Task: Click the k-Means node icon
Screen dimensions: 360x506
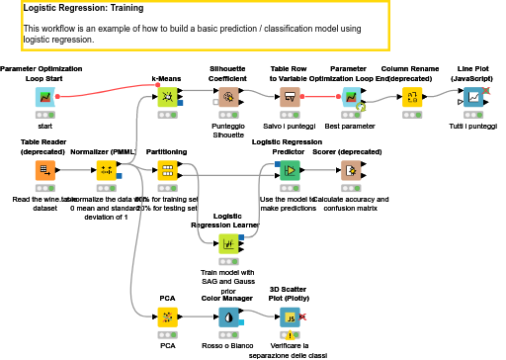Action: pyautogui.click(x=168, y=97)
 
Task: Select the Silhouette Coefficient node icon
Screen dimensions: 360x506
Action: pyautogui.click(x=228, y=97)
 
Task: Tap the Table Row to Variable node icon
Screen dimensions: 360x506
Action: pyautogui.click(x=291, y=97)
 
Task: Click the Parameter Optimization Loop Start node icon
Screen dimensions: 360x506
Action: pyautogui.click(x=45, y=97)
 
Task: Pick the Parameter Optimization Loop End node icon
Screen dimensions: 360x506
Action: pyautogui.click(x=350, y=97)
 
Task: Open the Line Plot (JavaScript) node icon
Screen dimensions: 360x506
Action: pyautogui.click(x=474, y=97)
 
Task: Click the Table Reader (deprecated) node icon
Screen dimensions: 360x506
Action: pyautogui.click(x=45, y=170)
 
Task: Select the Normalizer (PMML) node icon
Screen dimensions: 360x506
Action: pyautogui.click(x=107, y=170)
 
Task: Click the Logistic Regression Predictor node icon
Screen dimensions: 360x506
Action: pyautogui.click(x=291, y=170)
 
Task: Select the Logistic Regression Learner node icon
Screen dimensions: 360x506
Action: pyautogui.click(x=228, y=242)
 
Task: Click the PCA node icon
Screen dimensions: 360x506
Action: pyautogui.click(x=168, y=317)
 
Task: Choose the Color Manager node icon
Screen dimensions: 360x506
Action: pyautogui.click(x=228, y=317)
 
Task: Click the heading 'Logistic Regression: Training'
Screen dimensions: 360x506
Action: pyautogui.click(x=83, y=8)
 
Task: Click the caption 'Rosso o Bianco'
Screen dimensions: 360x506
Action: pyautogui.click(x=228, y=347)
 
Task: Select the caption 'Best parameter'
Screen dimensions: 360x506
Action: pyautogui.click(x=350, y=128)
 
